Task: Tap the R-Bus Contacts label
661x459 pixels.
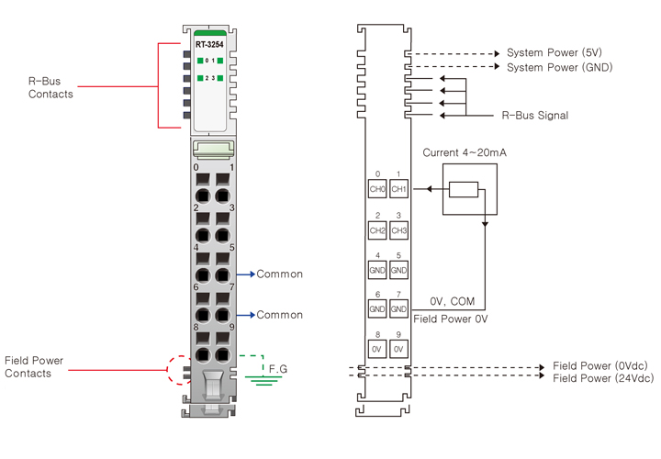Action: coord(50,87)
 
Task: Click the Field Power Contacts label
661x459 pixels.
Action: coord(34,366)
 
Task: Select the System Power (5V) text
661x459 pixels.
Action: coord(555,52)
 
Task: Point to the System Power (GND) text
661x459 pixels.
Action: coord(559,67)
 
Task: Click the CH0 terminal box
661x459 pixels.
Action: coord(376,190)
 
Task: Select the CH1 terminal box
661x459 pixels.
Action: coord(398,190)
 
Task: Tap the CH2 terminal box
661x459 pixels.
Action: coord(376,230)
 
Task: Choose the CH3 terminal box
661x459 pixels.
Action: coord(398,230)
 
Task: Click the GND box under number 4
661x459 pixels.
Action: coord(376,271)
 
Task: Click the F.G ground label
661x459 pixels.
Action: coord(278,368)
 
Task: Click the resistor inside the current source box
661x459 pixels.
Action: coord(465,190)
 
